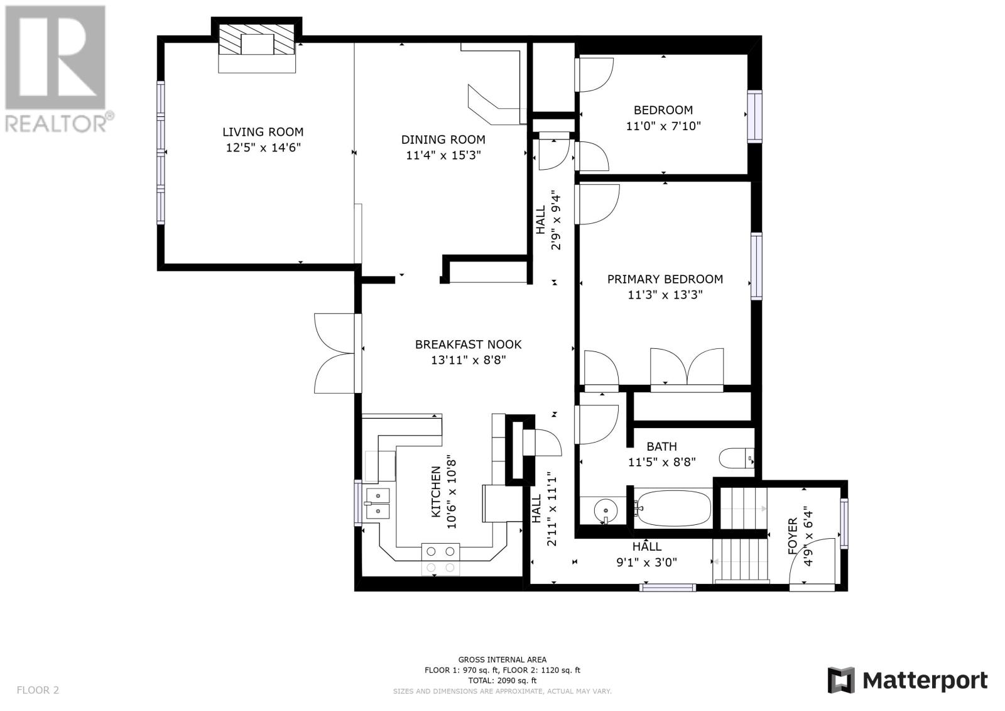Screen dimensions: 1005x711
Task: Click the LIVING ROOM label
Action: tap(263, 132)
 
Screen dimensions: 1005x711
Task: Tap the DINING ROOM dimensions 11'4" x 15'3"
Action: tap(443, 155)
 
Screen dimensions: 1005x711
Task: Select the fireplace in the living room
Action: tap(257, 40)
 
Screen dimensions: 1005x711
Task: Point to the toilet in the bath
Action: tap(736, 458)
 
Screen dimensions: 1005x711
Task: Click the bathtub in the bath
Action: tap(673, 508)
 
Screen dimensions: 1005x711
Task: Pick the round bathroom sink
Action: tap(606, 510)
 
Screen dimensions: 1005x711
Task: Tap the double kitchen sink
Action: tap(378, 504)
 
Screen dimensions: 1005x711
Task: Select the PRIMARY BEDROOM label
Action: tap(665, 279)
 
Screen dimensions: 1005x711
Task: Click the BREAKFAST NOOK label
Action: tap(468, 344)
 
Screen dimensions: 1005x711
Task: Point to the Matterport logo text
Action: tap(925, 680)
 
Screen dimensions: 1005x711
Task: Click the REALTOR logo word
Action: tap(56, 123)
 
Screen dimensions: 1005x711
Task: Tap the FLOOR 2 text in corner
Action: tap(38, 690)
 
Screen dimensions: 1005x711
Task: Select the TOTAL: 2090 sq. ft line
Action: tap(502, 680)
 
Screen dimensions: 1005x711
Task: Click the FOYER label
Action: tap(793, 536)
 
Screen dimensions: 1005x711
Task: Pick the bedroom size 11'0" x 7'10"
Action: tap(663, 126)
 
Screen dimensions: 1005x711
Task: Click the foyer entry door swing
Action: tap(813, 561)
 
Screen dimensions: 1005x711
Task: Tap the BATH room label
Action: tap(661, 446)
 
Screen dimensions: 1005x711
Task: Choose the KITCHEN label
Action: tap(436, 492)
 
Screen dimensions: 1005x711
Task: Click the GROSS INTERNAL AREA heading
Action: tap(502, 660)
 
